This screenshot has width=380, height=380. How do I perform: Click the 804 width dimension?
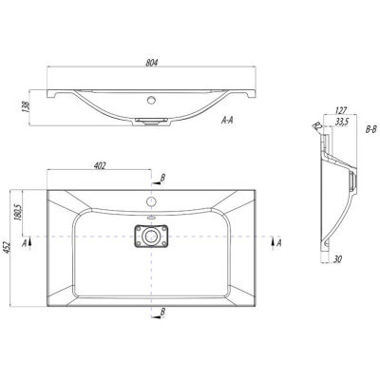[152, 63]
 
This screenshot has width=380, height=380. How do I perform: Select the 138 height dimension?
[27, 106]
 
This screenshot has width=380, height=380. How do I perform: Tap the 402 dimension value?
[100, 165]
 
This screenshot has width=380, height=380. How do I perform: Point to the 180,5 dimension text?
[18, 213]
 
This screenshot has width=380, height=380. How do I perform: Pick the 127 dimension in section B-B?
[341, 110]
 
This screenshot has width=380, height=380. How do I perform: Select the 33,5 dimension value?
[341, 123]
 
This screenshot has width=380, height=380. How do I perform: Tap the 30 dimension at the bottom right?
[337, 259]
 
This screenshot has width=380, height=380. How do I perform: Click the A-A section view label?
[227, 120]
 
